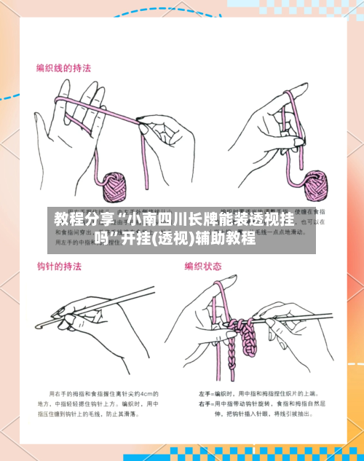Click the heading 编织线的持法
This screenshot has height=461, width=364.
point(64,68)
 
